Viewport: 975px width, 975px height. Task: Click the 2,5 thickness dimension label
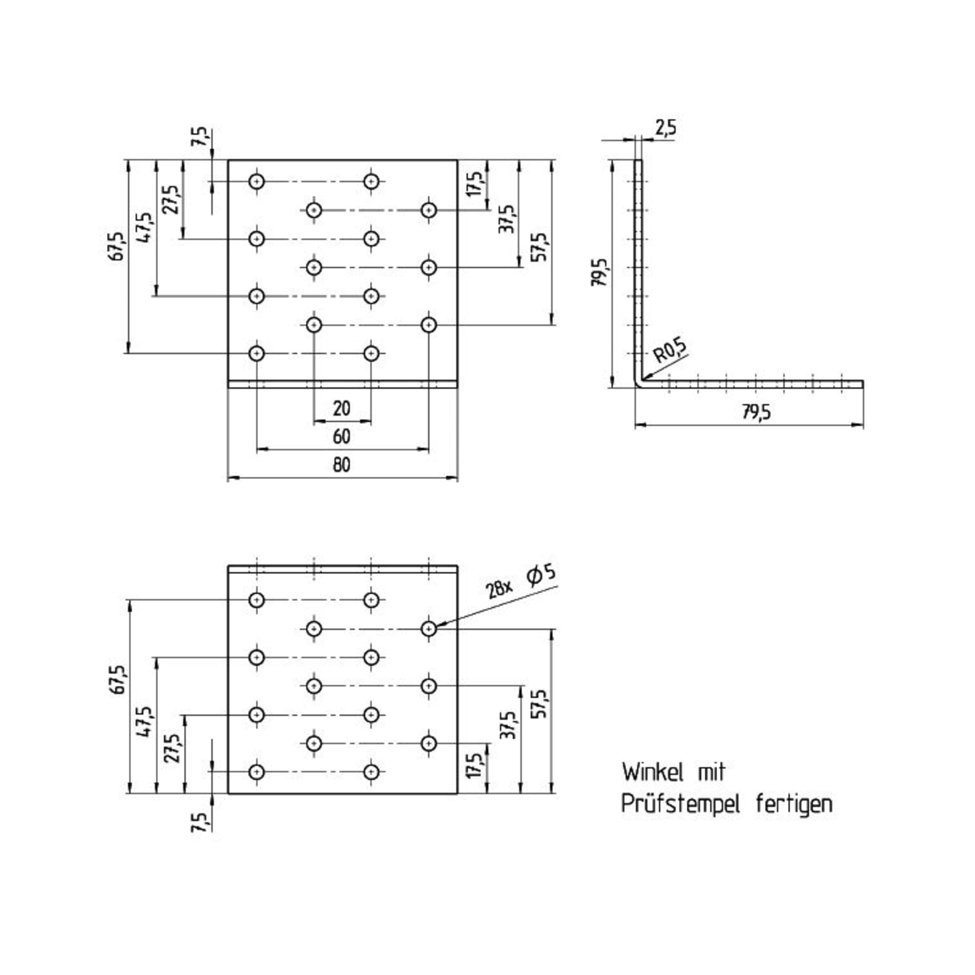click(665, 128)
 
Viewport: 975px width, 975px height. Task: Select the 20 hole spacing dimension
click(342, 408)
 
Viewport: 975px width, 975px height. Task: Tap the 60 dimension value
click(342, 436)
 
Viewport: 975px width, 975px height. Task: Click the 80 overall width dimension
click(342, 465)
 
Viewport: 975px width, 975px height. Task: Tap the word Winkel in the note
click(653, 772)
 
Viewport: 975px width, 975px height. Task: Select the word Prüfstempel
click(680, 804)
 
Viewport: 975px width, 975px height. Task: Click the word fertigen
click(794, 803)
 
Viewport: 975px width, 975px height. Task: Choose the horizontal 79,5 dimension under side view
click(757, 412)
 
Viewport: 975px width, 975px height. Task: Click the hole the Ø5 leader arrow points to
click(429, 629)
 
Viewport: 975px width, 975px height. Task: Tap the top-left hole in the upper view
click(257, 181)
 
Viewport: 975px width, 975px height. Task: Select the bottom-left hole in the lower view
click(257, 772)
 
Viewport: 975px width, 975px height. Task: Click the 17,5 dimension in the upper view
click(474, 184)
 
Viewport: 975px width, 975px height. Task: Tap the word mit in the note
click(712, 772)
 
